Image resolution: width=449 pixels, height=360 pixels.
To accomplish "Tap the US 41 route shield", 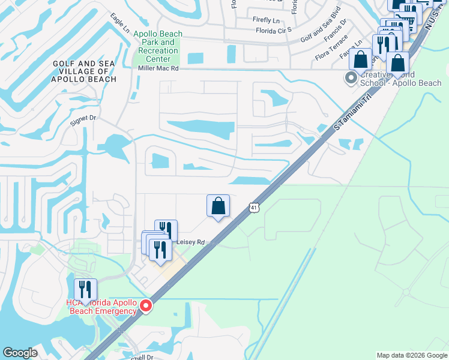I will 255,208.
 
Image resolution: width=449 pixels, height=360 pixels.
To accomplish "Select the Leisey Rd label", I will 191,242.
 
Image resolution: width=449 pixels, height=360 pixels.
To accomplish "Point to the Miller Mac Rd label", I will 158,69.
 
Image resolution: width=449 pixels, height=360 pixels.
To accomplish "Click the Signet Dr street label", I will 83,118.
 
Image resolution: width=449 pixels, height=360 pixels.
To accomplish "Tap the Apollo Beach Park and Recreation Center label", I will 158,46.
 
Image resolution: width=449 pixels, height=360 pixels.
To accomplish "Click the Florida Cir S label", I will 273,29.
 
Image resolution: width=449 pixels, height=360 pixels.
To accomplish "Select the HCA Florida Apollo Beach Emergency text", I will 102,306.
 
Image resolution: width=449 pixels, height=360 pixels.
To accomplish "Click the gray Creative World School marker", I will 351,78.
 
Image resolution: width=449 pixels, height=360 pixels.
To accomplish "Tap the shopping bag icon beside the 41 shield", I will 218,206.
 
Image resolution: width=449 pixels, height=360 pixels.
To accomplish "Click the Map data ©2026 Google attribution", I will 412,355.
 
